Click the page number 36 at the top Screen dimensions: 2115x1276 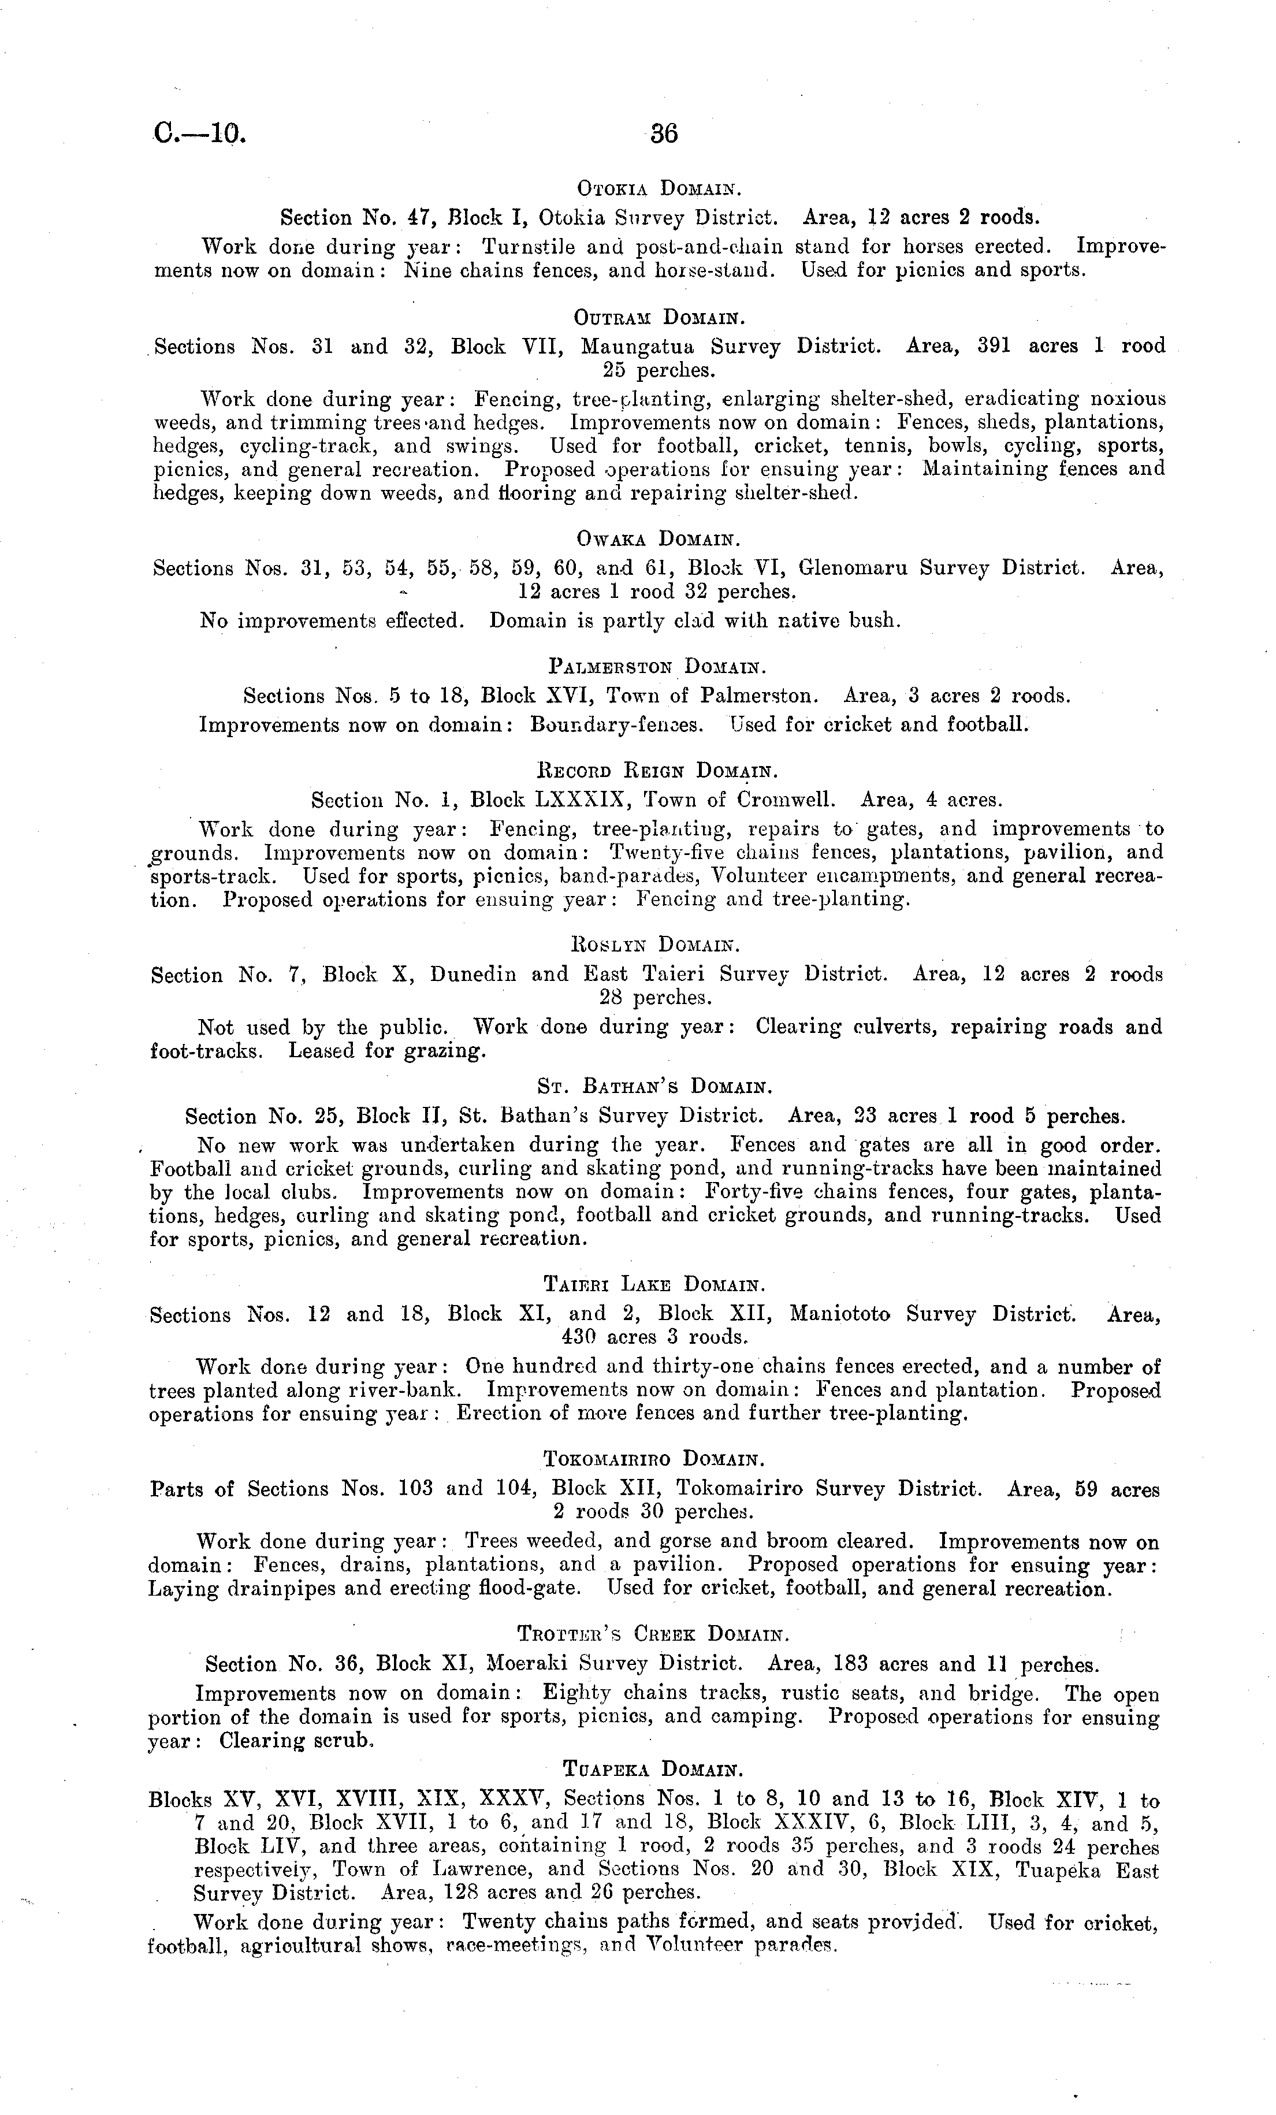(x=664, y=134)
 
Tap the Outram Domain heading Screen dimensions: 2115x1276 (x=658, y=318)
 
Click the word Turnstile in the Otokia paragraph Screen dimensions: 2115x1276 (x=523, y=247)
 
